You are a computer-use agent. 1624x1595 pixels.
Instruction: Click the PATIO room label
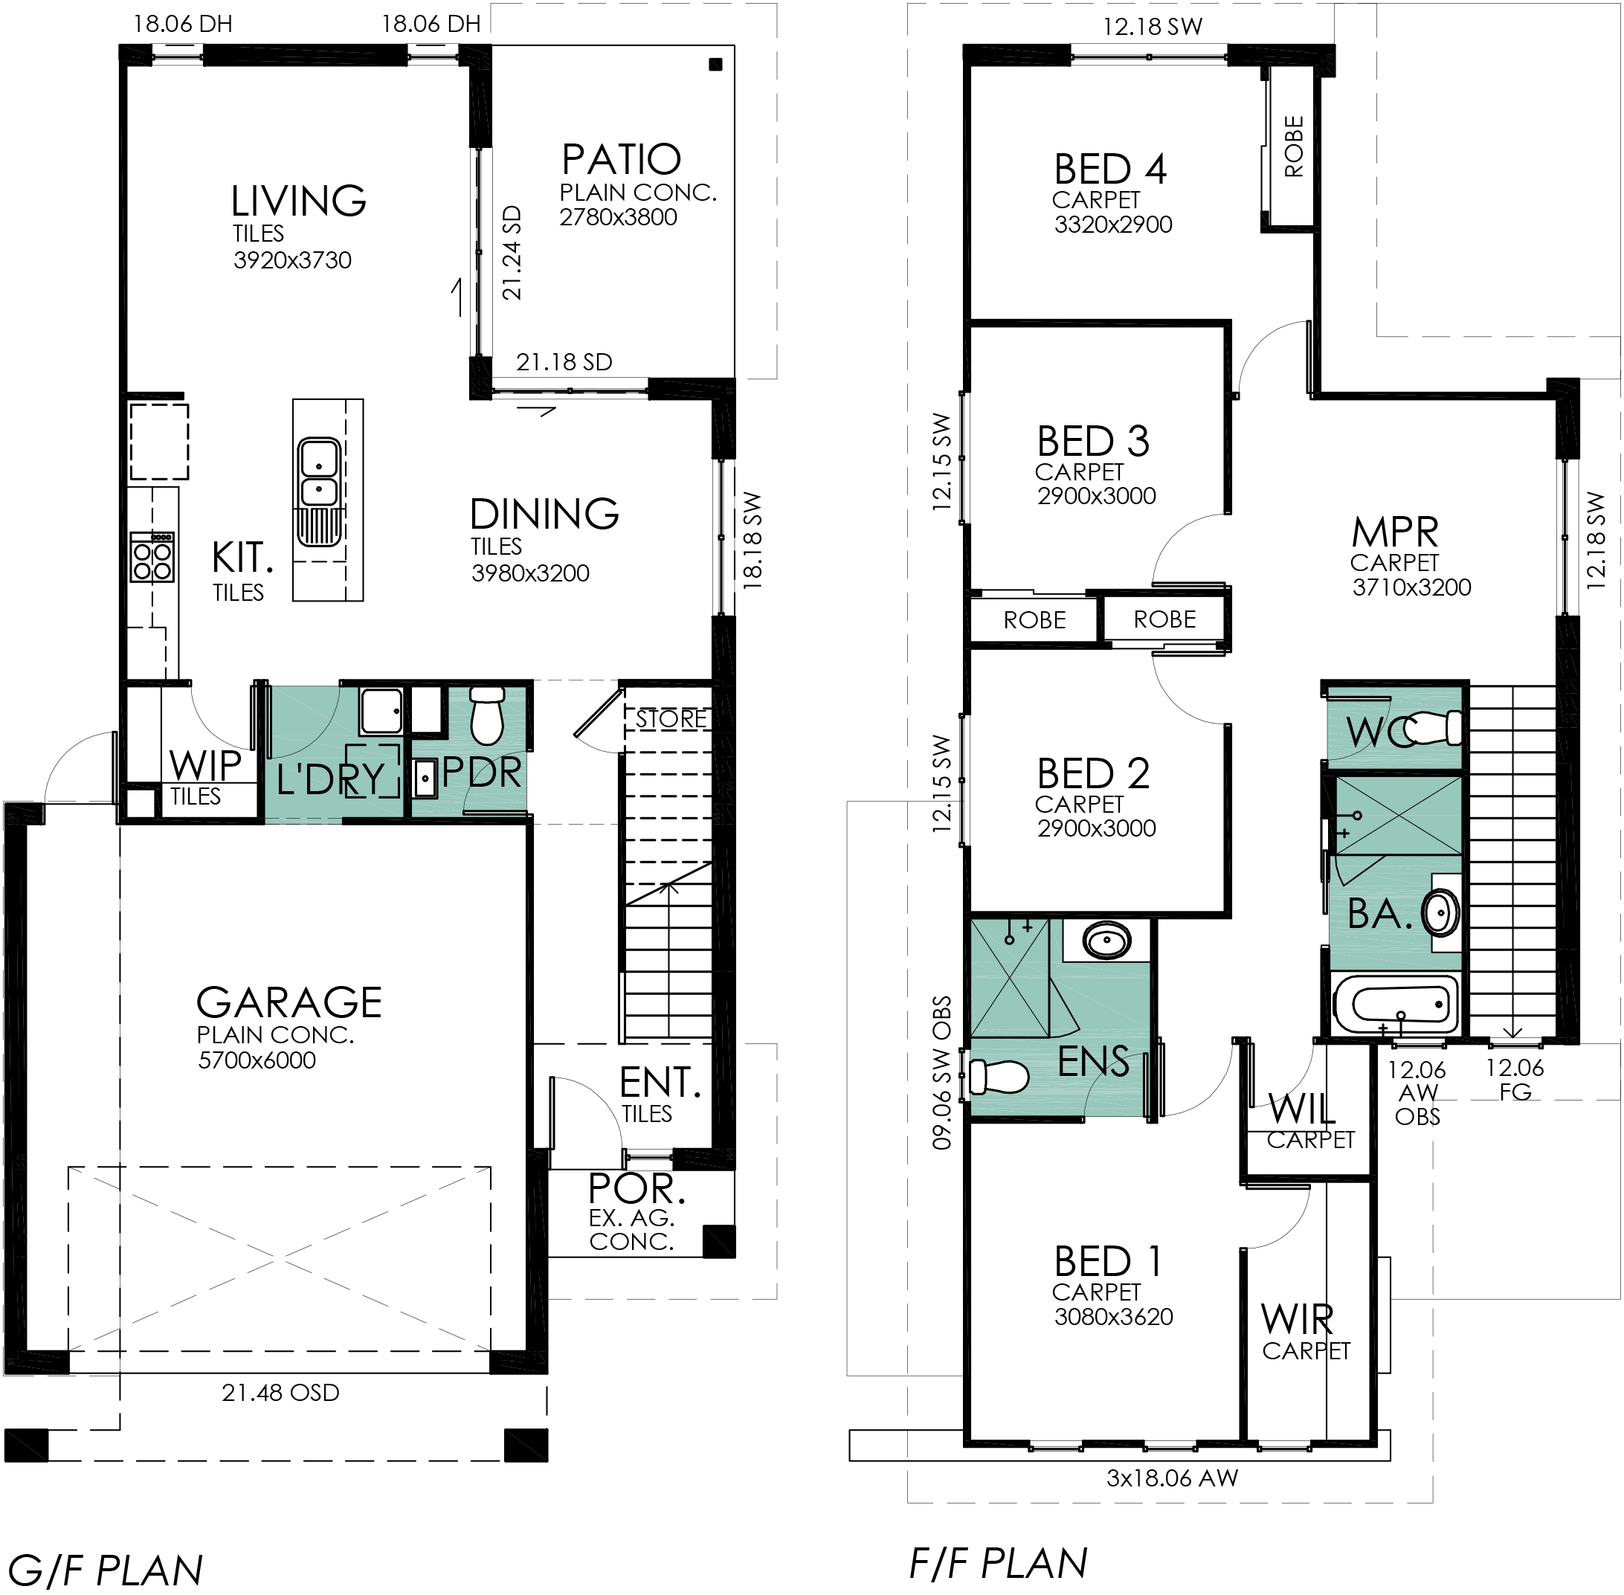coord(621,159)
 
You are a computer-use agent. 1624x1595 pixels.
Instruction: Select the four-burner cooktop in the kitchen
coord(152,557)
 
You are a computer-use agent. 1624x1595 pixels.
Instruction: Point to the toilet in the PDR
coord(486,716)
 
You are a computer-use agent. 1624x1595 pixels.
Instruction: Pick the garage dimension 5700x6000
coord(257,1060)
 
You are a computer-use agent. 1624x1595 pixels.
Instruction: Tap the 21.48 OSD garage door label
coord(280,1392)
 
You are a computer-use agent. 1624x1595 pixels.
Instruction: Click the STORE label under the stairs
coord(671,719)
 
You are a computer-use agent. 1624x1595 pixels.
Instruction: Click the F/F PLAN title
coord(999,1563)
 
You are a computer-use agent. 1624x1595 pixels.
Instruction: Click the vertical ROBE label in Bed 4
coord(1294,146)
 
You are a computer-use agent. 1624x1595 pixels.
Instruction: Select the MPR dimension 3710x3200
coord(1412,587)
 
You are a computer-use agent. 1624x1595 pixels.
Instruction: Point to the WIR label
coord(1297,1319)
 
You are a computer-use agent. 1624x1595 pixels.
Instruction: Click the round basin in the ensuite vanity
coord(1107,941)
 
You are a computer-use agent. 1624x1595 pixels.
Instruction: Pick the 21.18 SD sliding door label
coord(564,362)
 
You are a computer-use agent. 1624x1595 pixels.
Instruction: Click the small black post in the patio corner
coord(715,65)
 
